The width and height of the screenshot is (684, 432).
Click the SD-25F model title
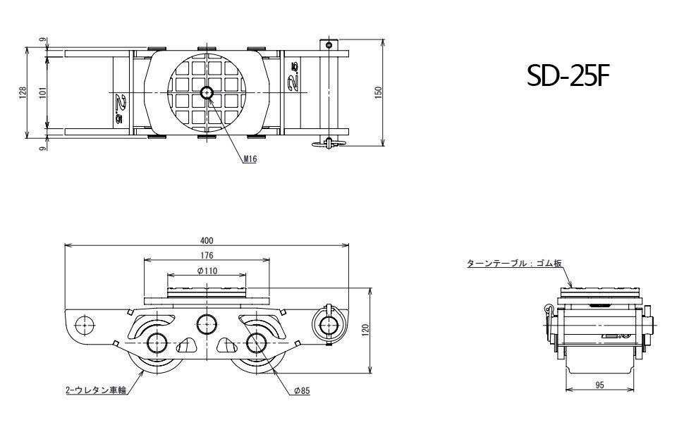point(566,75)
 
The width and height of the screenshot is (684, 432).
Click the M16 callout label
point(250,160)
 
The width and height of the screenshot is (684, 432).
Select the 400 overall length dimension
point(207,240)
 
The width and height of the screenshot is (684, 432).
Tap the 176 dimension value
point(207,255)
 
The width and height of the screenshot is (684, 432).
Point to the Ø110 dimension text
point(207,271)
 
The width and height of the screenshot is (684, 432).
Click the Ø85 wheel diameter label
point(302,390)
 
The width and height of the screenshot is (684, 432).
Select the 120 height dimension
point(365,331)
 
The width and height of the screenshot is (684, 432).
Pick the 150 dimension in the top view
point(378,92)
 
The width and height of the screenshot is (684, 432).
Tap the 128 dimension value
point(23,92)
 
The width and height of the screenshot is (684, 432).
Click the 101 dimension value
point(43,92)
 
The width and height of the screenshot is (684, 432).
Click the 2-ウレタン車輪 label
point(87,389)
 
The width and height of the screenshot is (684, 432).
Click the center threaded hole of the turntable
point(207,92)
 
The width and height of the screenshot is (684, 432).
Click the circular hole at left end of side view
point(85,325)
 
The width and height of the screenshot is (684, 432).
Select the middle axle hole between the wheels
point(207,324)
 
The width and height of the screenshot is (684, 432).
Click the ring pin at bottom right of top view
point(328,143)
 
